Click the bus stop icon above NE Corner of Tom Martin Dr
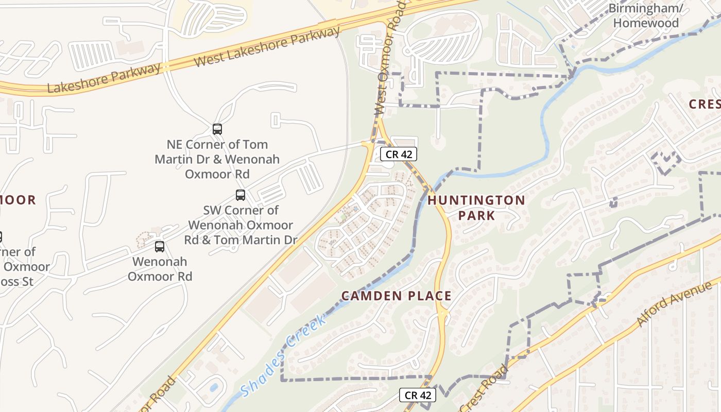217,129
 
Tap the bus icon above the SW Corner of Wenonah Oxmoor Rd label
241,195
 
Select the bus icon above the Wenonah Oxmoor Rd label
160,247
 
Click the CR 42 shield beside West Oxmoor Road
398,154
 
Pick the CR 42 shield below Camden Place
418,395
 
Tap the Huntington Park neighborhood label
476,208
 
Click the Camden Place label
397,296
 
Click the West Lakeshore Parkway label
268,46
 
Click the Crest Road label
484,389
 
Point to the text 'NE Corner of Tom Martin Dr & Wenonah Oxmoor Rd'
217,159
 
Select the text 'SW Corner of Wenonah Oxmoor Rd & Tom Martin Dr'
241,225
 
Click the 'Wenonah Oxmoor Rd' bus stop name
160,269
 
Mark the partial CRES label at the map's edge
705,104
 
